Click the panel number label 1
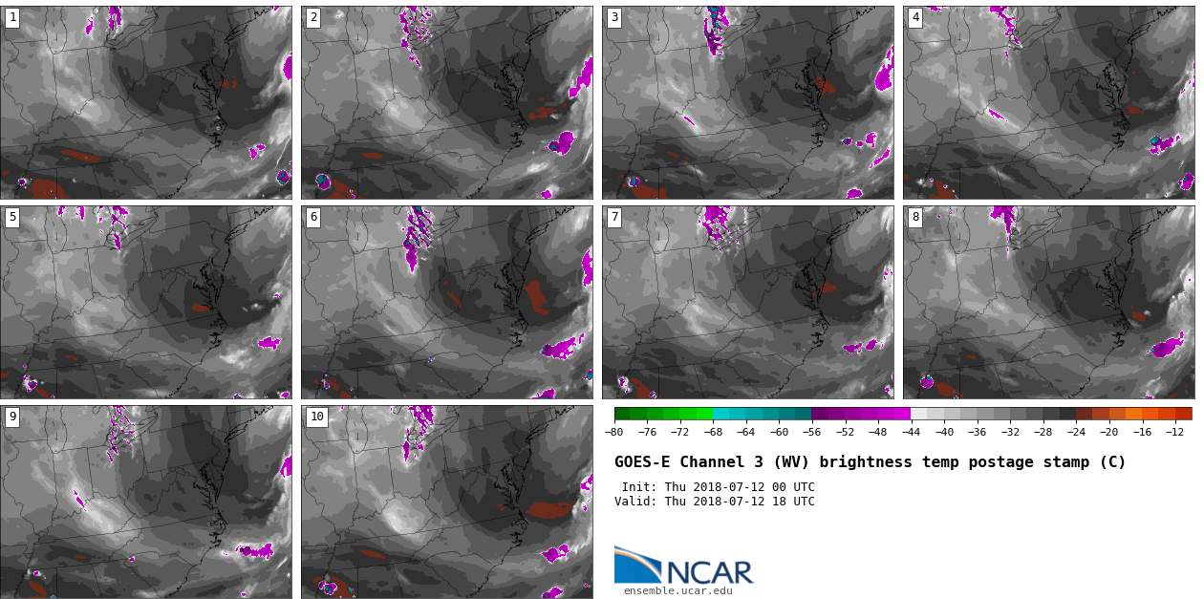click(x=12, y=17)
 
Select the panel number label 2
click(x=313, y=17)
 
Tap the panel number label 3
click(x=614, y=17)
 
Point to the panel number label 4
click(x=915, y=17)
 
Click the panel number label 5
click(x=12, y=217)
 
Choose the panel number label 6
click(x=313, y=217)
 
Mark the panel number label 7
click(x=614, y=217)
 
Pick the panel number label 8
click(x=915, y=217)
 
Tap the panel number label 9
click(x=12, y=417)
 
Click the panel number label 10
click(x=316, y=417)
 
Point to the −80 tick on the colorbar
click(x=614, y=432)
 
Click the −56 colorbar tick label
click(x=811, y=432)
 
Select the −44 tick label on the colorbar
click(x=911, y=432)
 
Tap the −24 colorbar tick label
click(x=1076, y=432)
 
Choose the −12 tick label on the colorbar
click(x=1174, y=432)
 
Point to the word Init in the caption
click(x=637, y=487)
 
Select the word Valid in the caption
click(x=634, y=502)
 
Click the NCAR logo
click(x=683, y=566)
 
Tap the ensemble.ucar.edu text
click(x=677, y=591)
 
